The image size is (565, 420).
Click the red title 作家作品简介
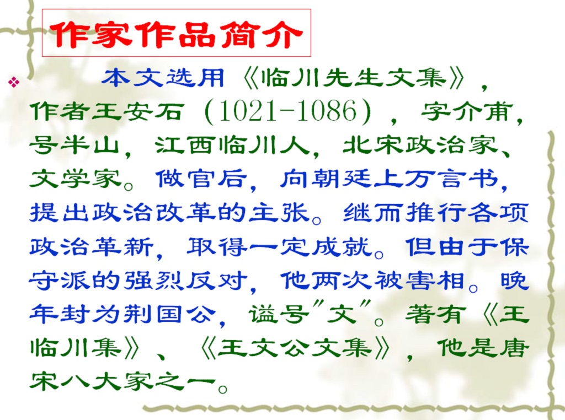[176, 35]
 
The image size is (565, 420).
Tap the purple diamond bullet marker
[14, 82]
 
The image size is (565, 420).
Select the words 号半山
[74, 145]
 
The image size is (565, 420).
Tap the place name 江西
[184, 145]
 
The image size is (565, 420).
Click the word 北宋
[372, 145]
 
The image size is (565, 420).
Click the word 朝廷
[342, 179]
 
